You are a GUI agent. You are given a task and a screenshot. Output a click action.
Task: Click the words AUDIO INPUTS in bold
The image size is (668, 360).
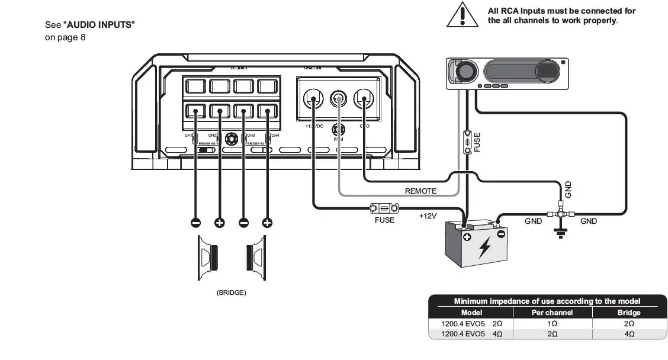[x=99, y=25]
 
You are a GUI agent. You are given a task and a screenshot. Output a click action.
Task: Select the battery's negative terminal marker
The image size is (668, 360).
[x=501, y=234]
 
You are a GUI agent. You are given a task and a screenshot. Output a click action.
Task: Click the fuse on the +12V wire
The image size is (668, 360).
[x=384, y=208]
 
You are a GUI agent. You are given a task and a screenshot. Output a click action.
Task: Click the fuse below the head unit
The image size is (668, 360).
[x=468, y=142]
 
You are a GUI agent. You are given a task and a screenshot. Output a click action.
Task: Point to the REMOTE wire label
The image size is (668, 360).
[x=420, y=191]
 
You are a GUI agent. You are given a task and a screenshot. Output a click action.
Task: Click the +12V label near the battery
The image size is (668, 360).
[x=428, y=216]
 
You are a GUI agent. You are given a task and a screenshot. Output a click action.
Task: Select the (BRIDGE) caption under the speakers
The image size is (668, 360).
[x=231, y=292]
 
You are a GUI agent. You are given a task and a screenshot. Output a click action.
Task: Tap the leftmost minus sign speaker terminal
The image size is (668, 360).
[x=195, y=223]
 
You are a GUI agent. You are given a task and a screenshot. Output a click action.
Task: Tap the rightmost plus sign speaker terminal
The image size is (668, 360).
[x=267, y=223]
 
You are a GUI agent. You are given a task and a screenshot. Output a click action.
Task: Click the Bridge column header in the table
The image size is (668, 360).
[x=628, y=313]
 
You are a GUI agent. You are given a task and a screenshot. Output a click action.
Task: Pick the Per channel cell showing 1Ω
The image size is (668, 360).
[x=552, y=324]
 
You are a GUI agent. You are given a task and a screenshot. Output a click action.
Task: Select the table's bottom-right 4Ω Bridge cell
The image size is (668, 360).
[x=628, y=334]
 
